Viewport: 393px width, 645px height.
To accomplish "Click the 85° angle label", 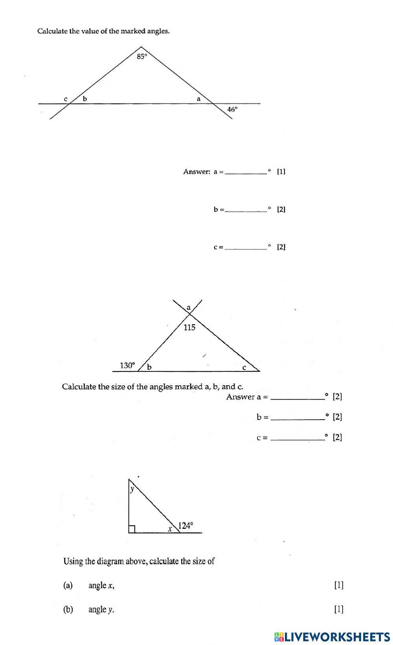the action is tap(142, 57).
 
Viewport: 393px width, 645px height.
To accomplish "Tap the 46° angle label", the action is tap(232, 110).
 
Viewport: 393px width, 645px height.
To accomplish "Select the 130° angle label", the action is tap(127, 365).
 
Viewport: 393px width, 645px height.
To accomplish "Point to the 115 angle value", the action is tap(189, 327).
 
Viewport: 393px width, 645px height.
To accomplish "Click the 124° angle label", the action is tap(186, 525).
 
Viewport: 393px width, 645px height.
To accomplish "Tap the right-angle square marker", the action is tap(132, 529).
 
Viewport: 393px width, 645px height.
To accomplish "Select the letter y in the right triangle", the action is tap(132, 489).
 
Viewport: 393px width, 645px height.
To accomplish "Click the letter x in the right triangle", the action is tap(170, 529).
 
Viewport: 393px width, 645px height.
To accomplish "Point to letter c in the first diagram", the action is tap(66, 99).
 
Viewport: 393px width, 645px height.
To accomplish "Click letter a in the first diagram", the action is tap(198, 99).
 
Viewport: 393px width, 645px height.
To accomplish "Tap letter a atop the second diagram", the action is tap(188, 307).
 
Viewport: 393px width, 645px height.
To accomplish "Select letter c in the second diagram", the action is tap(244, 368).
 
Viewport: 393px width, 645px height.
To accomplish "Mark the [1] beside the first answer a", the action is tap(281, 171).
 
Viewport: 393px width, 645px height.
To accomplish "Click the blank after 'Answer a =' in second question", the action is tap(298, 397).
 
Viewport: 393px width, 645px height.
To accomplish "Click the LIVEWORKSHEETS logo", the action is tap(332, 636).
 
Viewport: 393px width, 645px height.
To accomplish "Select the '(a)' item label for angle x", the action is tap(68, 585).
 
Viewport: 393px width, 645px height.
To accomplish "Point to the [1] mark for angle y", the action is tap(339, 609).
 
